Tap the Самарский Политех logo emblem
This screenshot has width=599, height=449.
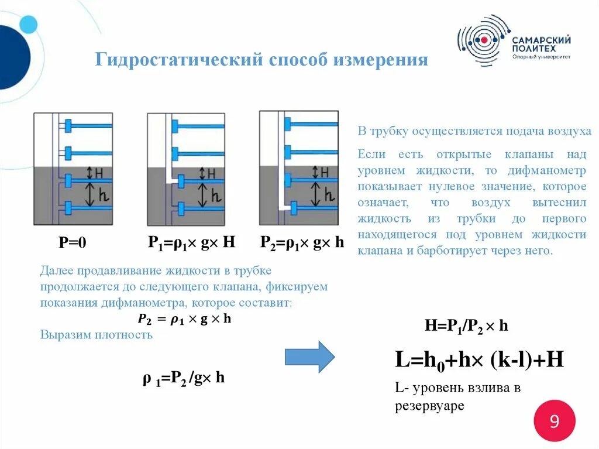coord(483,40)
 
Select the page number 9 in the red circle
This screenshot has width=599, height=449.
coord(554,421)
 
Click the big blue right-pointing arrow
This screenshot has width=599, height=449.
coord(309,356)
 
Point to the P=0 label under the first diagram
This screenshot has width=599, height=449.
coord(73,243)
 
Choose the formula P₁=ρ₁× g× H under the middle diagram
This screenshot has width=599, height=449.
coord(191,242)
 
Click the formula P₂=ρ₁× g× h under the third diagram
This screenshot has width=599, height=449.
coord(302,242)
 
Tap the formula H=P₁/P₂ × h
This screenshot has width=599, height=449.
coord(466,325)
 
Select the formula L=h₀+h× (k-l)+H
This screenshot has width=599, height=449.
coord(479,359)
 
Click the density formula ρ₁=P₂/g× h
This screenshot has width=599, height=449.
coord(184,378)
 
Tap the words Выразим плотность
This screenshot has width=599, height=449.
coord(97,335)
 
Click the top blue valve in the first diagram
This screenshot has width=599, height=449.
coord(68,125)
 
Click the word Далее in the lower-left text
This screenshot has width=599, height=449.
coord(56,271)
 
